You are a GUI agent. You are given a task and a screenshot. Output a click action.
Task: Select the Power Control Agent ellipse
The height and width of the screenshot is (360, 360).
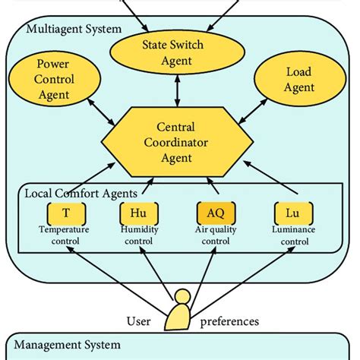53,80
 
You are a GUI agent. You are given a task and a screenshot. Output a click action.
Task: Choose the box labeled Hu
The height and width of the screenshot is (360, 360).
137,213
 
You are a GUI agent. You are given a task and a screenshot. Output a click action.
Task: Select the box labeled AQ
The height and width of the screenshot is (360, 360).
214,213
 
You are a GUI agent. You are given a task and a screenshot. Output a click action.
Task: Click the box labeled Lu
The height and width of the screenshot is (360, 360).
292,213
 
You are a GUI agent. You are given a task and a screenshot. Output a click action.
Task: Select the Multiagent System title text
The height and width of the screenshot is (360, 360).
73,30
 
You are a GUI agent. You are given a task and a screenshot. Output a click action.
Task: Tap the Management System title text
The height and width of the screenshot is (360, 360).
68,345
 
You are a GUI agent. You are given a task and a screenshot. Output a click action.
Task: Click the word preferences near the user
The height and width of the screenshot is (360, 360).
229,321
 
